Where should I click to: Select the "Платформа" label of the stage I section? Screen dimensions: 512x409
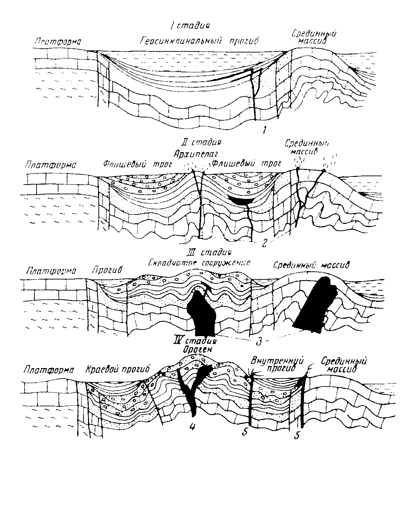[x=58, y=42]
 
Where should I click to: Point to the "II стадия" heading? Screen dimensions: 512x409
[x=202, y=143]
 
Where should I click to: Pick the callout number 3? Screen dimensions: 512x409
[x=258, y=342]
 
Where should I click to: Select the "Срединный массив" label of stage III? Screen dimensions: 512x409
[x=311, y=265]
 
